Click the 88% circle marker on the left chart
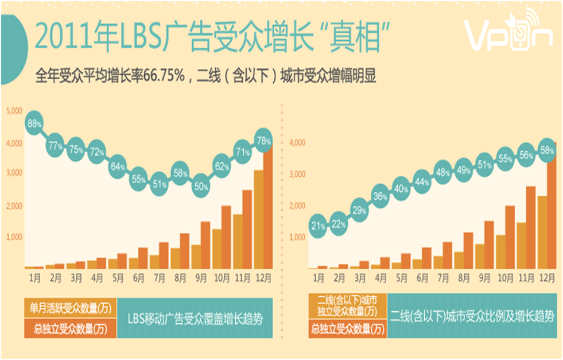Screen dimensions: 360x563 (34, 123)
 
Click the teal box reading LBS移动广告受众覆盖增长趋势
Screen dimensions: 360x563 (193, 318)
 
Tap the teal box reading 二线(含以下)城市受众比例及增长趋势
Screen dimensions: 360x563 (472, 316)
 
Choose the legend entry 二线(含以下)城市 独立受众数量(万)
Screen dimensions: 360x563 (347, 305)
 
